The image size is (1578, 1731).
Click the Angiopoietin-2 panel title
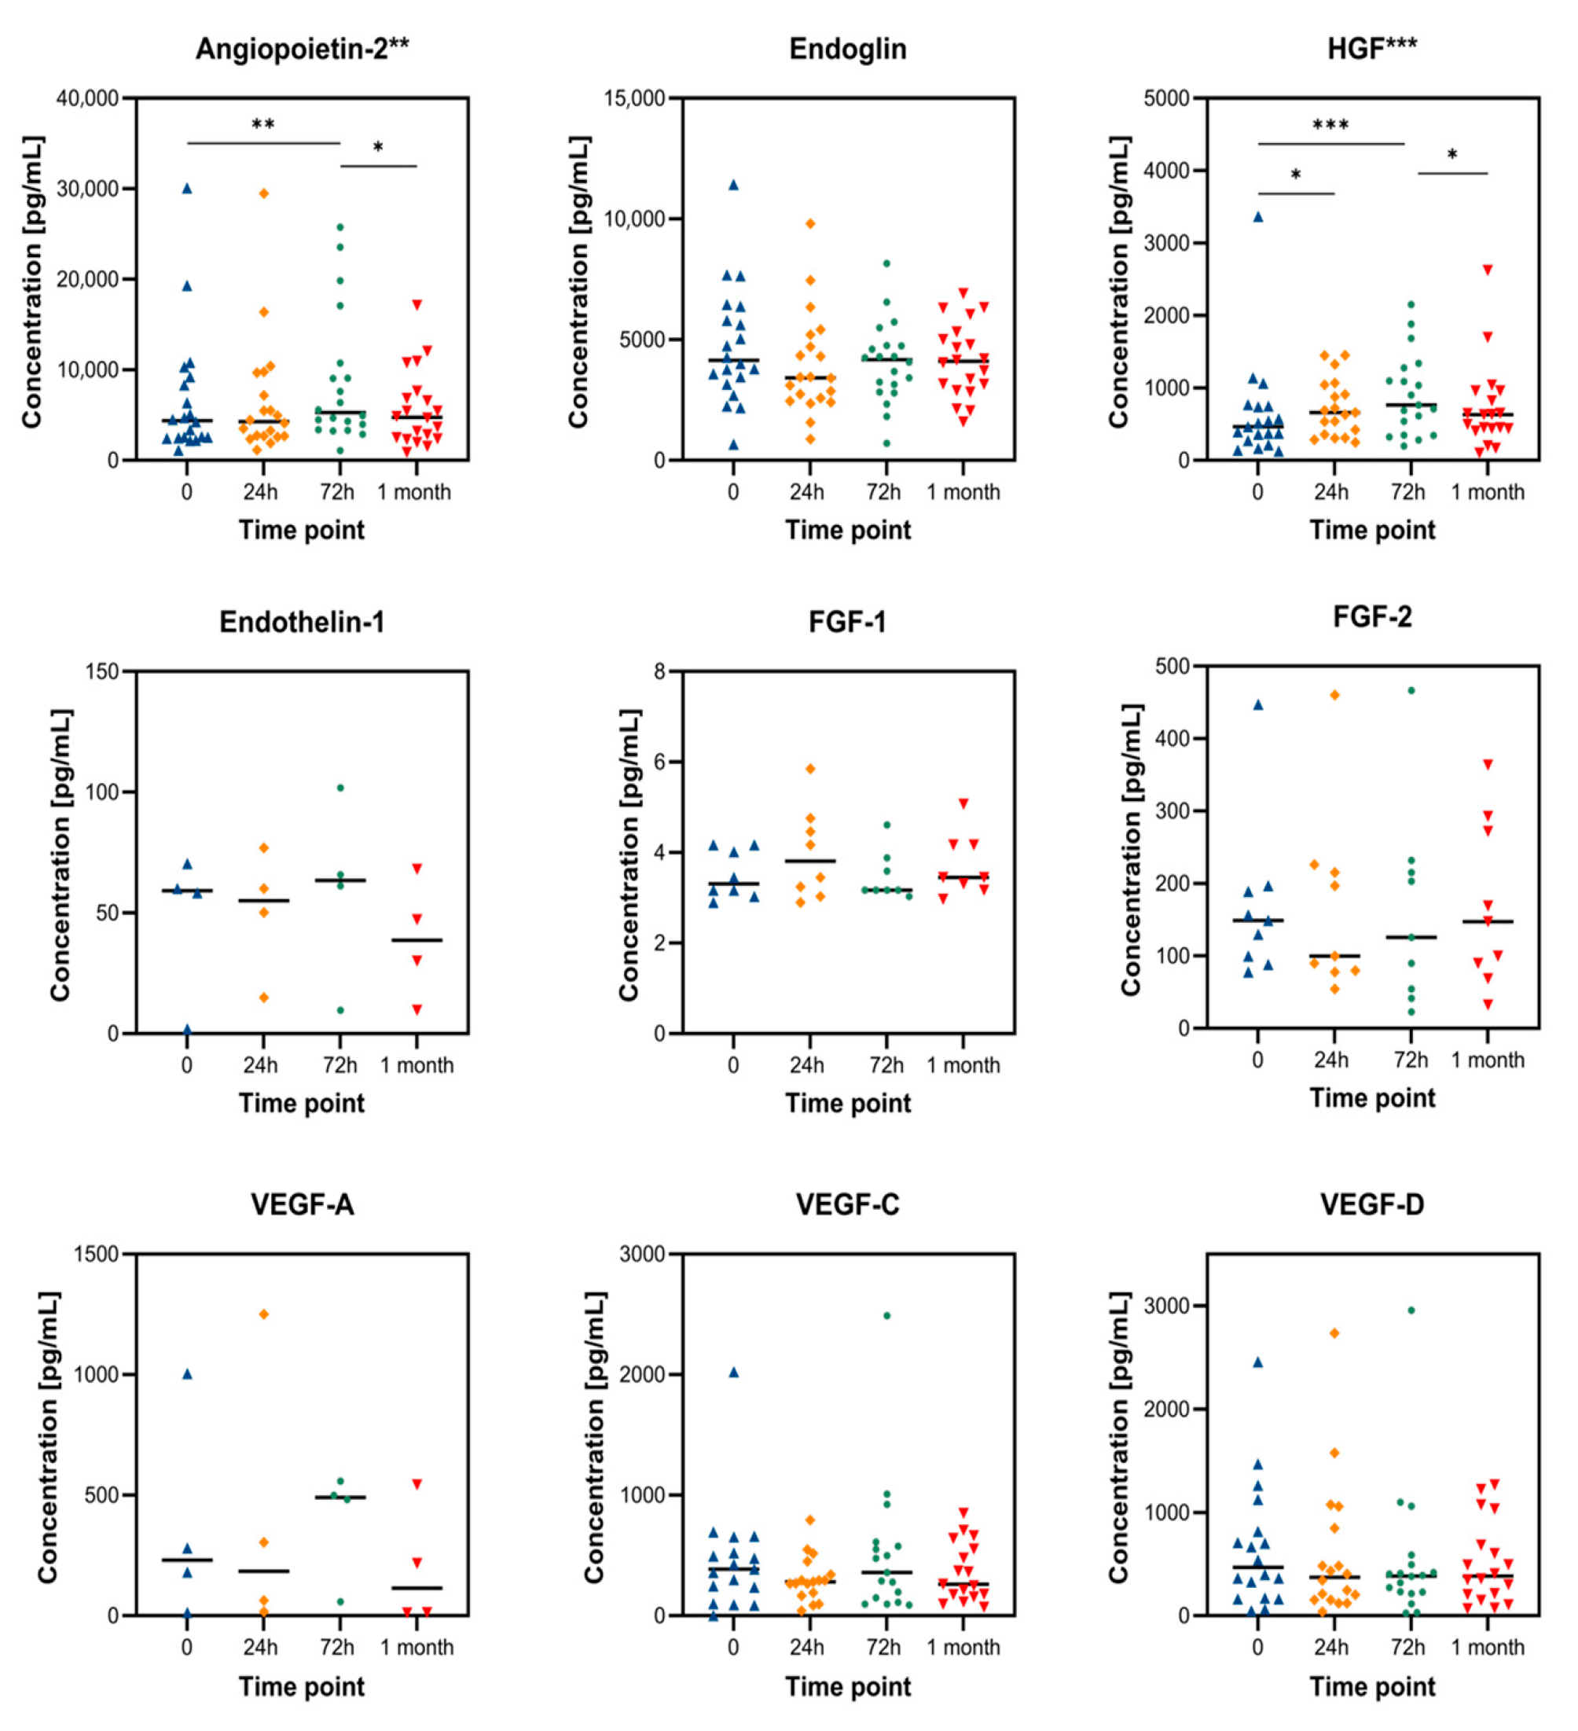tap(303, 49)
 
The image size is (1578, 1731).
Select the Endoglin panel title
tap(847, 49)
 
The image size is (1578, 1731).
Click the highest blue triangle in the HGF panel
tap(1258, 217)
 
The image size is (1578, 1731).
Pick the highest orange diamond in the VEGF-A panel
tap(263, 1314)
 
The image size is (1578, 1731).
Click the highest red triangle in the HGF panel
tap(1488, 270)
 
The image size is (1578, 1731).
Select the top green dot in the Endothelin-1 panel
tap(341, 788)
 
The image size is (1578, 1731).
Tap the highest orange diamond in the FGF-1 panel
tap(809, 769)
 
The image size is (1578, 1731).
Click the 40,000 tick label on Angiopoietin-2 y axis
tap(87, 98)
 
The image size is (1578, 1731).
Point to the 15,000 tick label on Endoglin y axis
tap(634, 98)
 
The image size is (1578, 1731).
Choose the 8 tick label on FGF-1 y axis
tap(660, 671)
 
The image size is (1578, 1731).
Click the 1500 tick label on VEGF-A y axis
tap(96, 1254)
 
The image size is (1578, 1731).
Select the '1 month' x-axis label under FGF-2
tap(1488, 1060)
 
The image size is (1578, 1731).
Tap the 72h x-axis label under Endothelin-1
tap(340, 1065)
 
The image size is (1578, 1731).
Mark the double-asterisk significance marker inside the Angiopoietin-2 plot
tap(262, 125)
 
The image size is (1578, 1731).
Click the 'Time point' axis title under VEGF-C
tap(847, 1687)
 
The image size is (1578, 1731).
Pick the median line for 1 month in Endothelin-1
tap(417, 940)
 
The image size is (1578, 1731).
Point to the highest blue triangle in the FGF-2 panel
tap(1258, 705)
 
